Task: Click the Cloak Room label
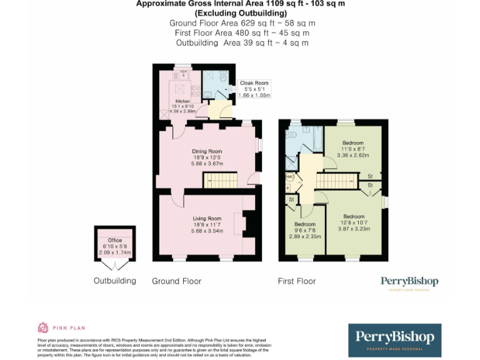(254, 82)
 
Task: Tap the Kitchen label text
(182, 101)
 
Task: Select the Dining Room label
(206, 151)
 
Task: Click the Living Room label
(206, 219)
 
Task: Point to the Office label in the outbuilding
(114, 240)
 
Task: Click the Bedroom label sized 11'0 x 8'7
(352, 143)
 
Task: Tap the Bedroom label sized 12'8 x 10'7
(354, 217)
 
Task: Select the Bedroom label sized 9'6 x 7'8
(304, 224)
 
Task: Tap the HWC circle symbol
(289, 177)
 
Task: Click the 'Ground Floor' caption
(177, 281)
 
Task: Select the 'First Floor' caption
(297, 281)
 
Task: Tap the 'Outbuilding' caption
(115, 281)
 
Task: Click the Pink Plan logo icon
(43, 327)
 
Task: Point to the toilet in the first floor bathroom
(291, 135)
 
